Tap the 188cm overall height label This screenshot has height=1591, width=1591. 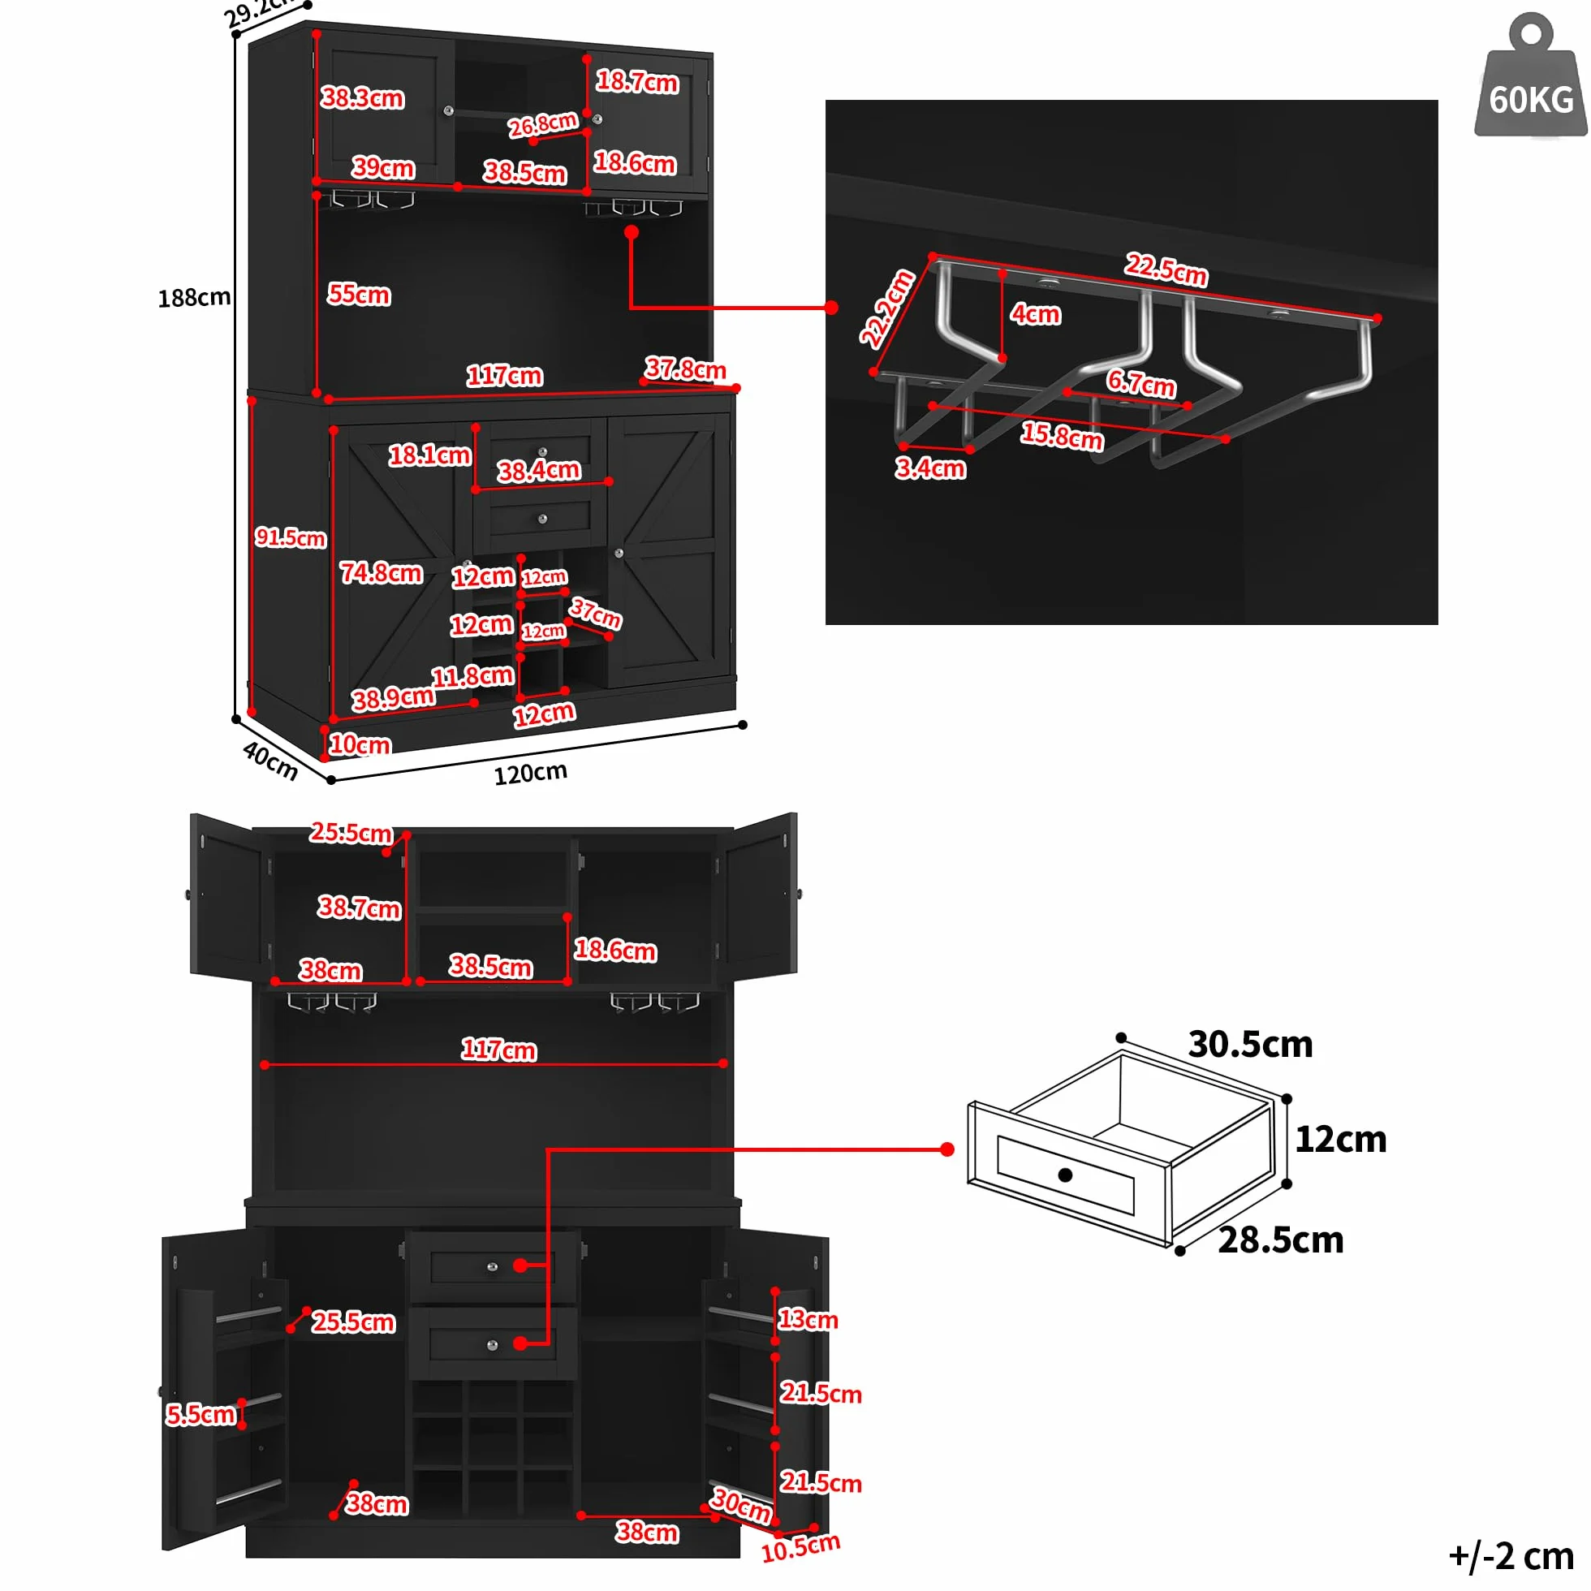[x=194, y=297]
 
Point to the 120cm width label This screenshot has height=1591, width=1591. [x=530, y=773]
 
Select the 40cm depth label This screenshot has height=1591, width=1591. [x=270, y=760]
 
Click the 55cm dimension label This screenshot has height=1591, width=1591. [x=359, y=294]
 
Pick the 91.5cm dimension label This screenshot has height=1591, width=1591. [x=291, y=537]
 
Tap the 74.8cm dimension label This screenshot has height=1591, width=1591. [x=382, y=572]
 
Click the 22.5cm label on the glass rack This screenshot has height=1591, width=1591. [x=1166, y=269]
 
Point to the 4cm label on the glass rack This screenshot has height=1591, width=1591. [x=1036, y=314]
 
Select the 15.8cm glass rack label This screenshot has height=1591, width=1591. [x=1063, y=435]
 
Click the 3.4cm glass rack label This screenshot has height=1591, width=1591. [x=930, y=468]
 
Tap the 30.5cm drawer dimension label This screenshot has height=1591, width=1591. [x=1250, y=1044]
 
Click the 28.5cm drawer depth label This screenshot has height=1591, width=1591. [x=1281, y=1240]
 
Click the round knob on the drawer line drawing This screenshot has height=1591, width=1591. [x=1065, y=1175]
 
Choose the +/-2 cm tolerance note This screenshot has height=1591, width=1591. [x=1511, y=1556]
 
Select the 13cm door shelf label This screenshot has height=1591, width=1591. [x=808, y=1319]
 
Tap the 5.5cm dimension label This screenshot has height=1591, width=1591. [x=201, y=1415]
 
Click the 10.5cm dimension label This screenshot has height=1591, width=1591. [x=800, y=1548]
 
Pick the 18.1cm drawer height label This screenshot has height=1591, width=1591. [x=430, y=455]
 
